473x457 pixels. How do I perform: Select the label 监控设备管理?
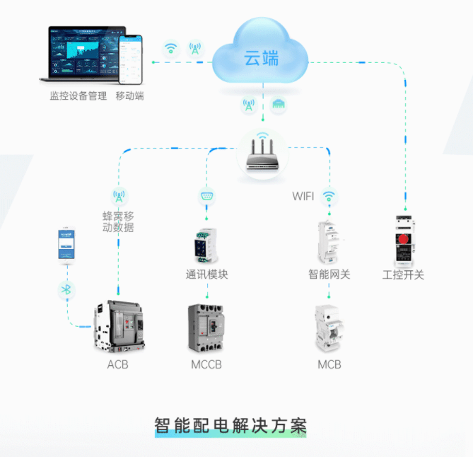(78, 96)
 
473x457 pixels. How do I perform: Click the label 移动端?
(130, 96)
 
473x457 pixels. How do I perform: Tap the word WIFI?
(303, 196)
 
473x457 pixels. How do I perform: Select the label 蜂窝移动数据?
(118, 221)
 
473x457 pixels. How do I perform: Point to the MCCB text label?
(206, 365)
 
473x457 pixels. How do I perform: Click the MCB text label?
(329, 365)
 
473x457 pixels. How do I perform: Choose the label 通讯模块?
(206, 274)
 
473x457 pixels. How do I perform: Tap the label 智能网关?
(329, 274)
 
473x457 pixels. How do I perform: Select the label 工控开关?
(403, 274)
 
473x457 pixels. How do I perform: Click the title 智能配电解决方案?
(230, 427)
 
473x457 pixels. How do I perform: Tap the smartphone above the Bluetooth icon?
(67, 245)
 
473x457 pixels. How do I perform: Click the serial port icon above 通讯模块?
(206, 196)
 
